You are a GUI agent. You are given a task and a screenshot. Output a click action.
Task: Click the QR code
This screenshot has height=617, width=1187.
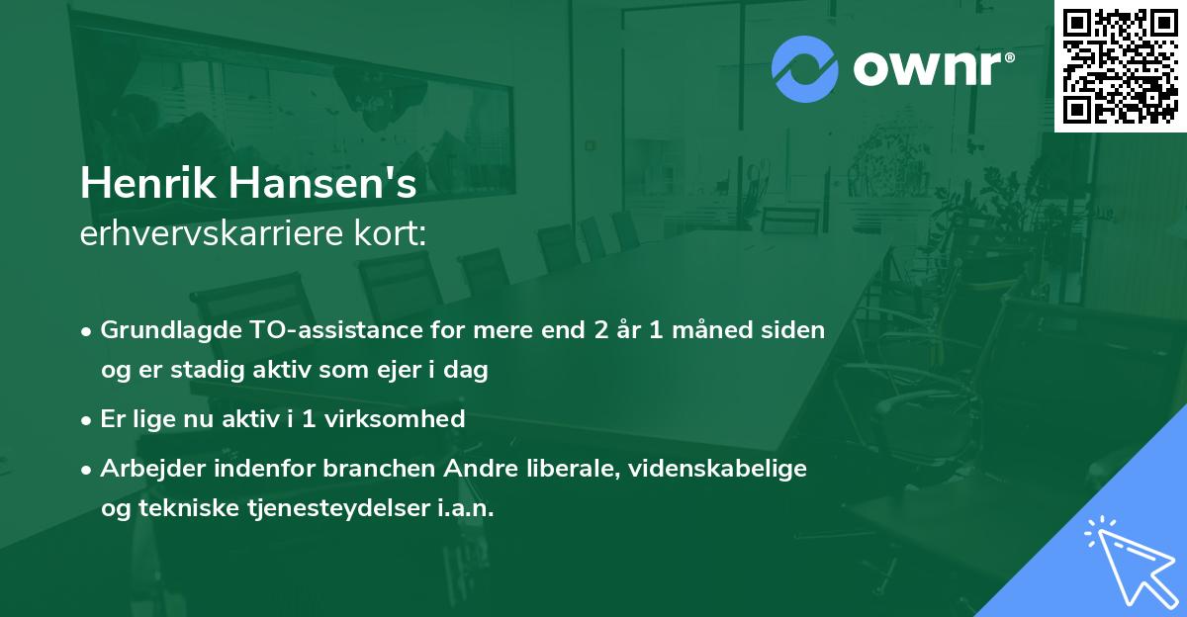1121,65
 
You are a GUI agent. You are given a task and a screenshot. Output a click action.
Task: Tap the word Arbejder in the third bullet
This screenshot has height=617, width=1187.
144,468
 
